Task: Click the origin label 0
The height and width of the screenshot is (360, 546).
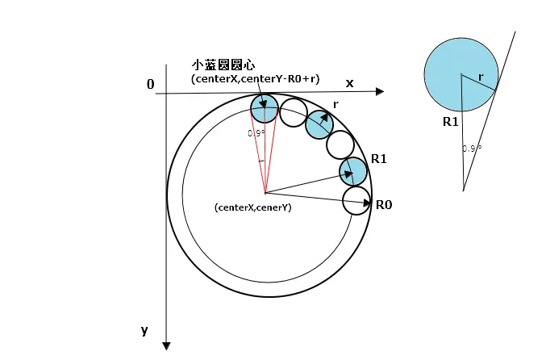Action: coord(150,84)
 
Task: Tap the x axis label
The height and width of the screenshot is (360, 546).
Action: coord(349,83)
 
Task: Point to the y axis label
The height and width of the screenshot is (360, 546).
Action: coord(144,329)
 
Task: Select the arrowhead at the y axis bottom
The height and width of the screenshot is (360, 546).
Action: coord(166,345)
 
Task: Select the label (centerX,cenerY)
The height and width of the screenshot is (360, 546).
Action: coord(252,207)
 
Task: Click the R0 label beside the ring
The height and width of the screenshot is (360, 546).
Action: coord(384,204)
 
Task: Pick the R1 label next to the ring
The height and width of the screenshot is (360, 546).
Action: coord(378,159)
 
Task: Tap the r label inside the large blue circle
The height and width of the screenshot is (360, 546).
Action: coord(481,77)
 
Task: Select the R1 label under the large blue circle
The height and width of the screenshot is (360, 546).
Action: coord(450,122)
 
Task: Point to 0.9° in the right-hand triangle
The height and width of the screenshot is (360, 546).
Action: coord(472,149)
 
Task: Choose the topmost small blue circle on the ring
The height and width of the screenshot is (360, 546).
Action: coord(264,107)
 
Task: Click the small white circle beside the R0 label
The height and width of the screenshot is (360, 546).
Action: coord(356,200)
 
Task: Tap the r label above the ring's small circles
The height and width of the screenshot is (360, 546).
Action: coord(336,104)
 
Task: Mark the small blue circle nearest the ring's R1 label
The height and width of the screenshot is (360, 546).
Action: coord(353,170)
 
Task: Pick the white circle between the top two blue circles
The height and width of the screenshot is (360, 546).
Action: coord(292,111)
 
